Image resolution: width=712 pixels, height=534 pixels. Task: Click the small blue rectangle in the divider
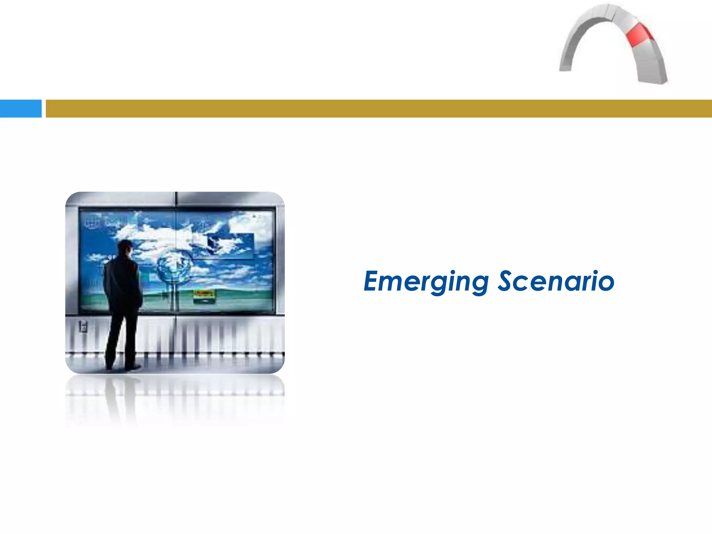pyautogui.click(x=21, y=108)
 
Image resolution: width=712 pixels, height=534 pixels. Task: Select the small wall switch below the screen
pyautogui.click(x=83, y=326)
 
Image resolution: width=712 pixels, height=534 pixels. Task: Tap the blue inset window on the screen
pyautogui.click(x=229, y=245)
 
